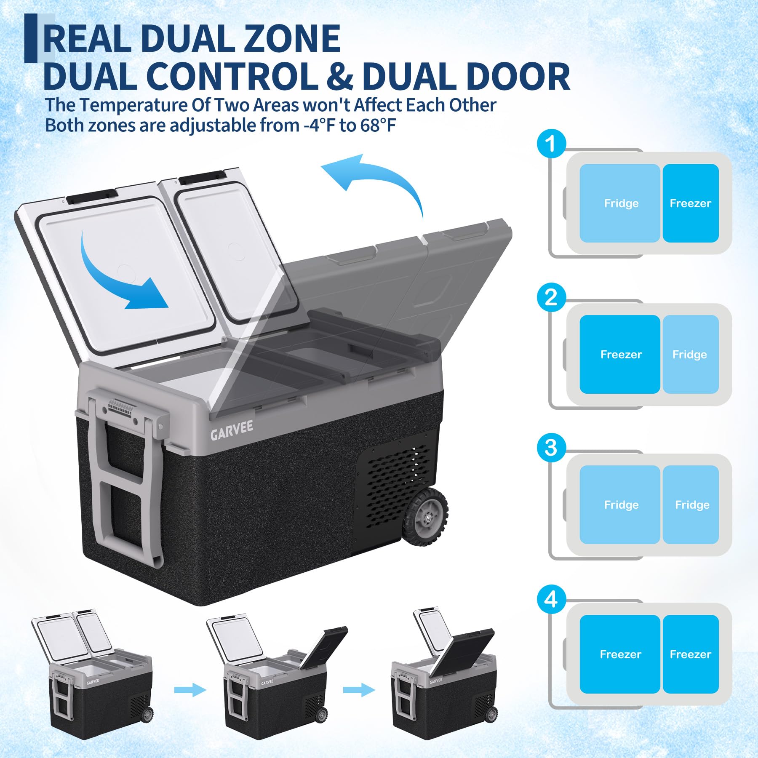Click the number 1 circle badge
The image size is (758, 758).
click(x=551, y=144)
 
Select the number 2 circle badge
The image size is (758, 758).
click(x=551, y=297)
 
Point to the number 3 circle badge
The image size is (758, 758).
click(x=551, y=447)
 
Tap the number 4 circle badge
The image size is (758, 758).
click(x=551, y=599)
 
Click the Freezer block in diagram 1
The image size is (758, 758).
click(x=691, y=203)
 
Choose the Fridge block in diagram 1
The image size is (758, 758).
click(x=620, y=203)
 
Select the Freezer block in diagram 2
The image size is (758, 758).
click(x=620, y=355)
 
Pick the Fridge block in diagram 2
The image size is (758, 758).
click(x=691, y=355)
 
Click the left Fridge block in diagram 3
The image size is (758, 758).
click(x=620, y=504)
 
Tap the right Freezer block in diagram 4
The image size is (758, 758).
click(x=691, y=654)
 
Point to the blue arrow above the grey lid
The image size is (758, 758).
click(x=379, y=177)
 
